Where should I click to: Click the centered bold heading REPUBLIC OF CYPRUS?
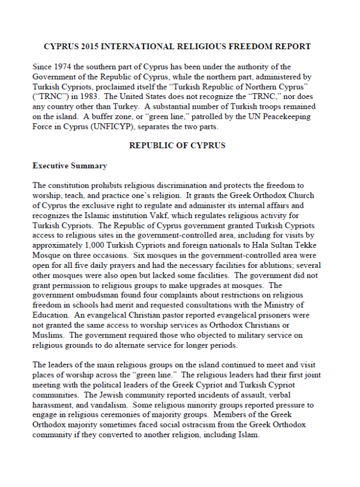177,146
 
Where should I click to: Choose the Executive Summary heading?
70,166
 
